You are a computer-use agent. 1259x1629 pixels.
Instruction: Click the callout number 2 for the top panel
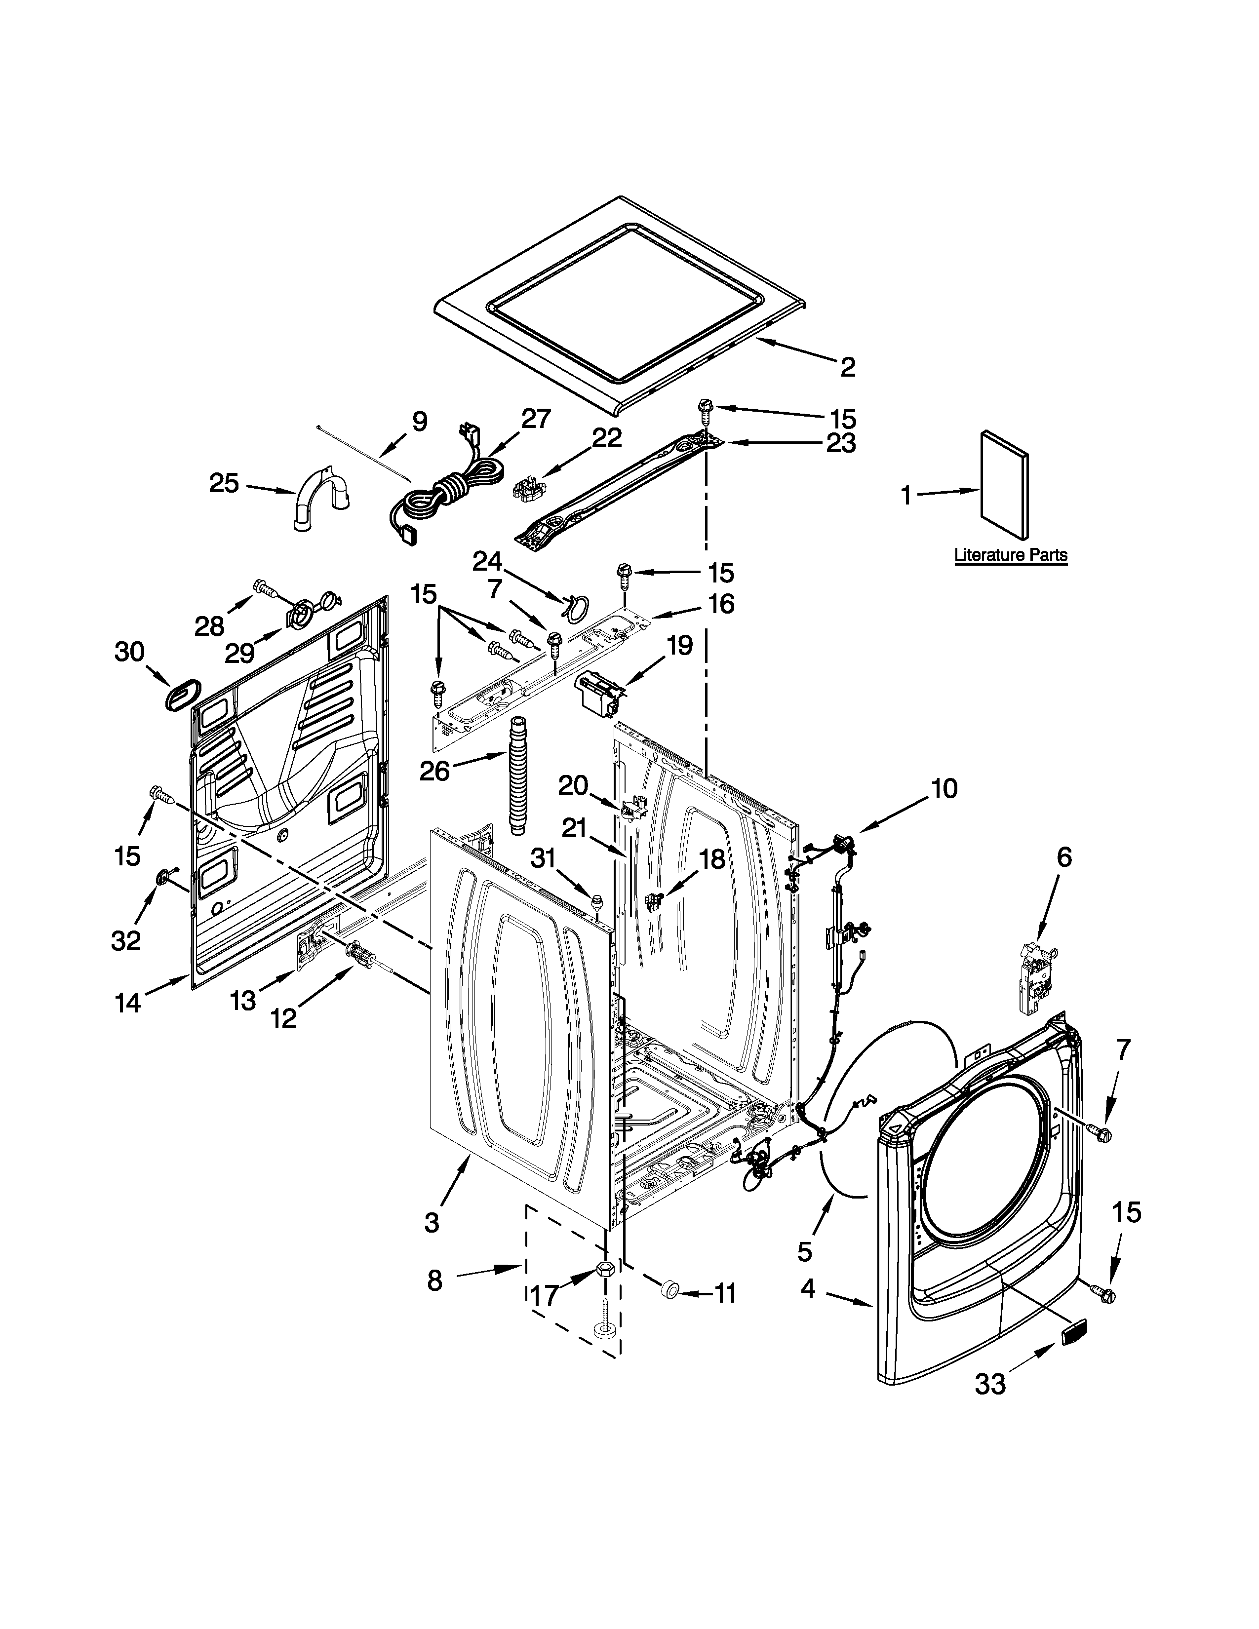847,366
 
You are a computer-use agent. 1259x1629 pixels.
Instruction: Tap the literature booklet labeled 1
1004,484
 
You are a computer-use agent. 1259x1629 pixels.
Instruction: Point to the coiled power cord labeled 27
447,492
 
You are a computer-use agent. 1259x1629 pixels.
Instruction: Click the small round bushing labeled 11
669,1288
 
